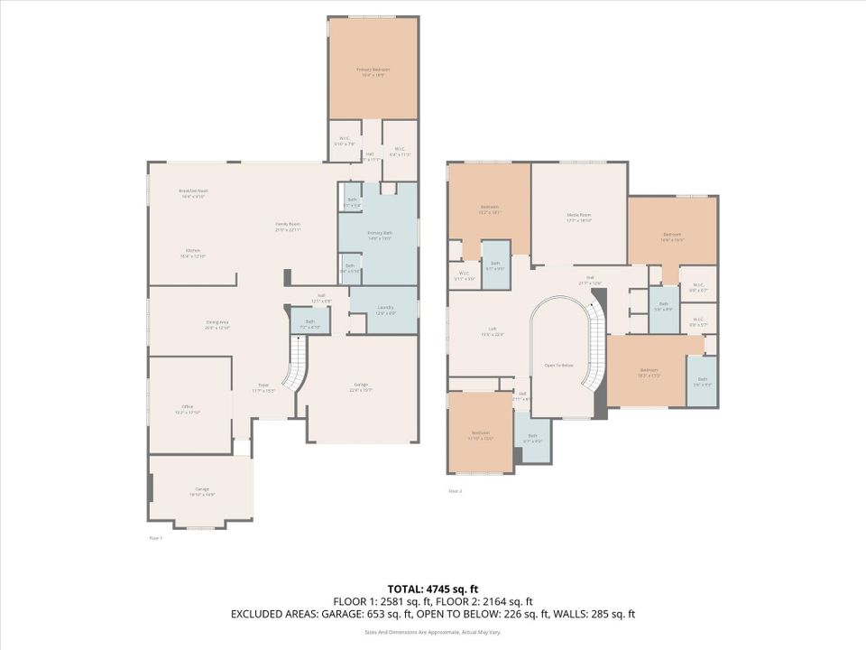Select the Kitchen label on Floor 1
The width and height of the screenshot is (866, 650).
193,253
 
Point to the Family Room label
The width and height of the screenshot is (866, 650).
288,226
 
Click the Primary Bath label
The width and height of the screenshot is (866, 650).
379,235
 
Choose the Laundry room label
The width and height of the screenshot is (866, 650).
384,310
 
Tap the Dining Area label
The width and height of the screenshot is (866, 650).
217,324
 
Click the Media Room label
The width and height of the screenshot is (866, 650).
578,217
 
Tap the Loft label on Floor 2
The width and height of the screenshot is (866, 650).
491,332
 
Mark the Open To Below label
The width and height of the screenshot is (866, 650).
558,365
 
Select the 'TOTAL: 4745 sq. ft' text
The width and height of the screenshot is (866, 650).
432,589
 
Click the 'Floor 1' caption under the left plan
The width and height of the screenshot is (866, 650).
155,538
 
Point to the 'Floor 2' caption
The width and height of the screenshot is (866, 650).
456,491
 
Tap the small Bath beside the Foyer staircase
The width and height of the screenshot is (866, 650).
309,322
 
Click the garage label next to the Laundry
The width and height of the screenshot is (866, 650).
360,387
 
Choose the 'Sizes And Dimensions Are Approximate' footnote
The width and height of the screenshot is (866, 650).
432,631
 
